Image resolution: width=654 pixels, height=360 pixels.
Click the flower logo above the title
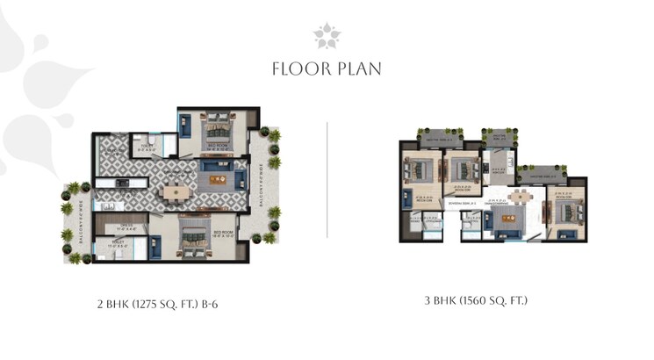pos(327,36)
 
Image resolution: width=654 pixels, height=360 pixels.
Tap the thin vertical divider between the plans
pos(327,180)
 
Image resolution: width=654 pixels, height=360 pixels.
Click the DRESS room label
pos(126,227)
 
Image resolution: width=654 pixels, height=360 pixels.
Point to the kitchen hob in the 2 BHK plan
pos(123,184)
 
